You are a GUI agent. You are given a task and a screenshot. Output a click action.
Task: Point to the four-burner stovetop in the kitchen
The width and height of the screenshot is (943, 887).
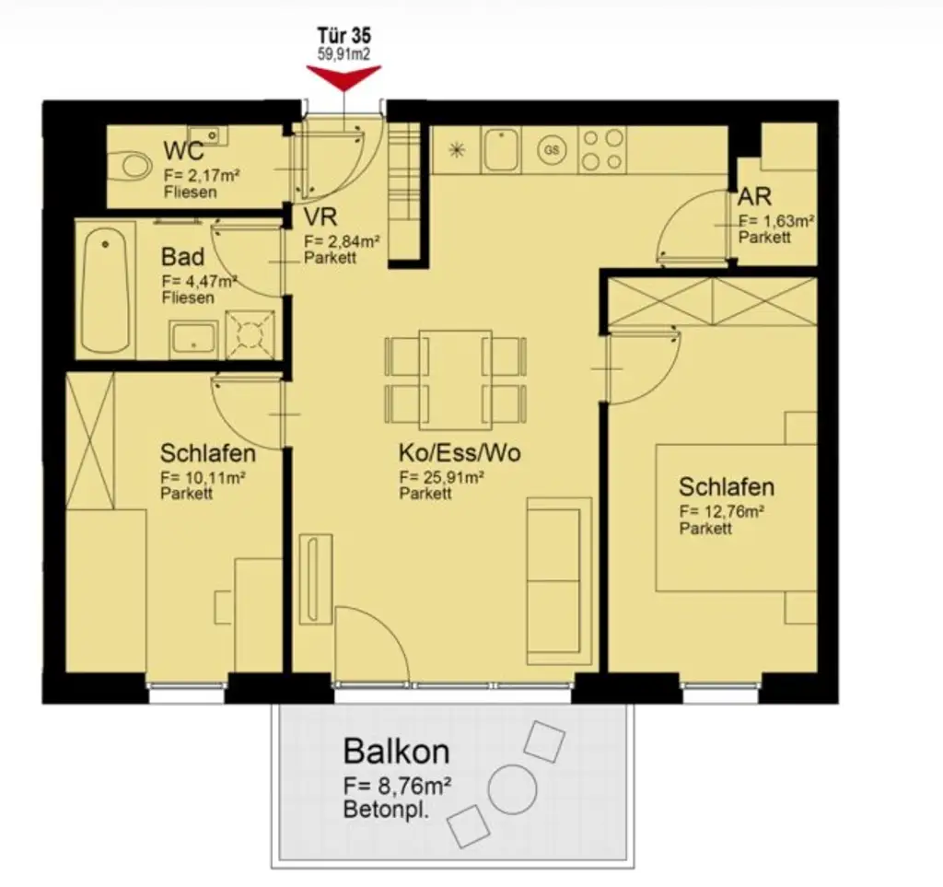(x=601, y=150)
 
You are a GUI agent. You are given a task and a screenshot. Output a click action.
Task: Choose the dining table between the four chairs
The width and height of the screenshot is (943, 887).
(x=455, y=379)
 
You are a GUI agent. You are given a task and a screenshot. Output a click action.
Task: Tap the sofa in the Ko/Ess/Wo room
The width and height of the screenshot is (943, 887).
(x=559, y=580)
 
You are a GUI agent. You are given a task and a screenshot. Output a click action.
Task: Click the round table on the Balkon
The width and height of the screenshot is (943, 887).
(x=512, y=789)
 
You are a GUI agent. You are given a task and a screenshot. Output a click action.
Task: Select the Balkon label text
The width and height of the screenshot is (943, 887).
(x=396, y=751)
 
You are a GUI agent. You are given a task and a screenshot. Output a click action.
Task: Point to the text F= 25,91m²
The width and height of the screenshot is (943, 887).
(x=442, y=477)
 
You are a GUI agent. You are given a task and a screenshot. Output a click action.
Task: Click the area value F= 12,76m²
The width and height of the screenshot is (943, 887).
(x=723, y=511)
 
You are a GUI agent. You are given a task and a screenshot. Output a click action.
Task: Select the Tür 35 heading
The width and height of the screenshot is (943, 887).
(x=344, y=38)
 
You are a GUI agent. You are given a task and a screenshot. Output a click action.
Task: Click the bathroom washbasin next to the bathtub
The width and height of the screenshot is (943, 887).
(x=194, y=338)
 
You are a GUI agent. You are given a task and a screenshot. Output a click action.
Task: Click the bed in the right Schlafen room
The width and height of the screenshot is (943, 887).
(x=735, y=518)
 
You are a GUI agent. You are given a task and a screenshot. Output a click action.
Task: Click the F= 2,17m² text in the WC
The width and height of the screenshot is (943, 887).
(x=203, y=174)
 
